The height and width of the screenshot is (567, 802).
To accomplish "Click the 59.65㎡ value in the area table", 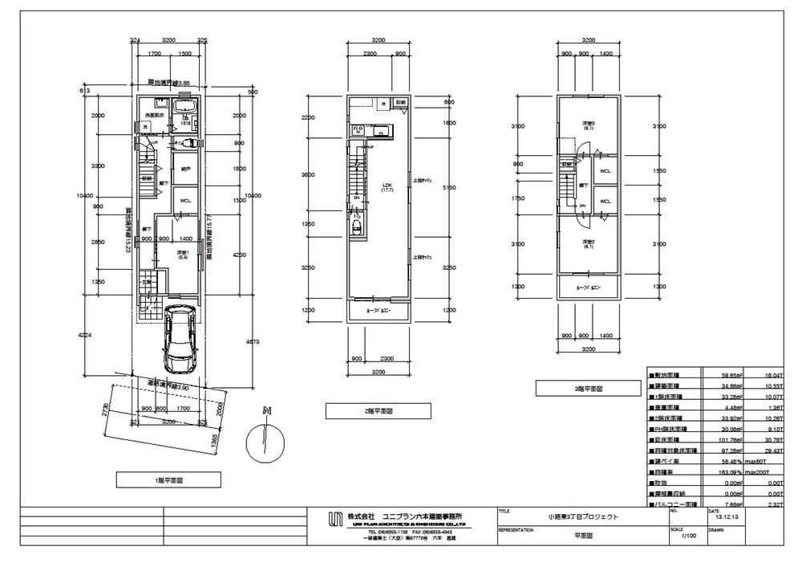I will pyautogui.click(x=712, y=374).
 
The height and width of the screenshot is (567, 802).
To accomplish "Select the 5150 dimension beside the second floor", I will pyautogui.click(x=449, y=187).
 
